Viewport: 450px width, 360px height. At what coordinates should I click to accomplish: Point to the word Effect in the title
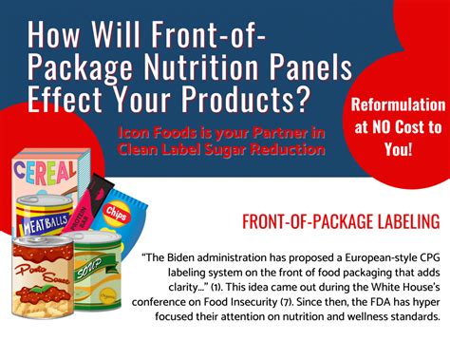(x=67, y=100)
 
